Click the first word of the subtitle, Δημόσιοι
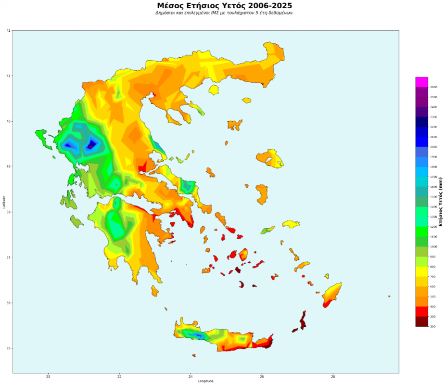point(166,13)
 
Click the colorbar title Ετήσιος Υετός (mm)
point(440,202)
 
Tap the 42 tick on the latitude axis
point(8,30)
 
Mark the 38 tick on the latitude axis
point(8,212)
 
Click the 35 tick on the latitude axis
point(8,348)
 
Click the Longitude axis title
point(205,382)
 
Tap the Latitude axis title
point(3,202)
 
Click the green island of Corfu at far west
point(44,138)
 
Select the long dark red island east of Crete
point(303,320)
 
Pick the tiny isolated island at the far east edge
point(389,296)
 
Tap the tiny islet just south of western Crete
point(194,355)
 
